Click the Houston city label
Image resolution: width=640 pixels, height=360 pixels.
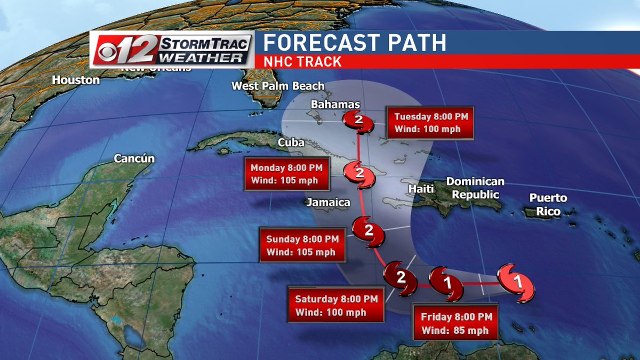(x=76, y=80)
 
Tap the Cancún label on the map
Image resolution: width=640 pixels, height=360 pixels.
(x=134, y=158)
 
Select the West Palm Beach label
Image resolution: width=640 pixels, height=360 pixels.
(x=278, y=86)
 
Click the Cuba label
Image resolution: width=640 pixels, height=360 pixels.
(x=291, y=143)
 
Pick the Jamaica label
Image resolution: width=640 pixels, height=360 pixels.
(x=328, y=202)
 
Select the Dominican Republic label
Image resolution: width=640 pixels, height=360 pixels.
(x=476, y=188)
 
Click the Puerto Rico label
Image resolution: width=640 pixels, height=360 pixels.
(x=548, y=205)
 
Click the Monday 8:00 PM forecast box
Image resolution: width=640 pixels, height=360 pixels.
(x=286, y=173)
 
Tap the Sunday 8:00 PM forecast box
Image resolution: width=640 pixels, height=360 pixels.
(x=302, y=245)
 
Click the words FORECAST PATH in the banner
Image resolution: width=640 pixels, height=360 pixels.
(x=355, y=42)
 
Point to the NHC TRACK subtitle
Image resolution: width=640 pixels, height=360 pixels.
(x=302, y=62)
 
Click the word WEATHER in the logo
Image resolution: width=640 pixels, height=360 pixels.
(x=204, y=57)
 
